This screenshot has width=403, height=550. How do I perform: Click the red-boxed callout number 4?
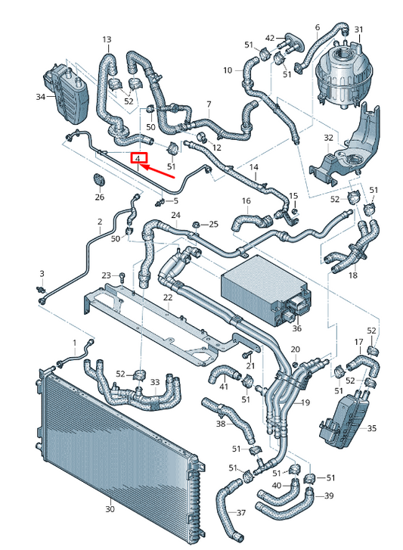point(138,158)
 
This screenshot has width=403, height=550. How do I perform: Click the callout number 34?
point(40,97)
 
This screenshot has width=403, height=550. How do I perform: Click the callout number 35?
point(370,428)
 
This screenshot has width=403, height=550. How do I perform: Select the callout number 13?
point(106,39)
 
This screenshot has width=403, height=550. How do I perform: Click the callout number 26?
point(99,197)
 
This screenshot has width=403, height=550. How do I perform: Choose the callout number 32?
point(328,138)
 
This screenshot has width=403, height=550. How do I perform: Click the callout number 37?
point(240,513)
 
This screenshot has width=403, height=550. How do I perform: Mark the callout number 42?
point(270,38)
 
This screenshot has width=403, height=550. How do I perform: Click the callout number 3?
point(42,272)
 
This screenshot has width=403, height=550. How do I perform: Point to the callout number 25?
point(213,224)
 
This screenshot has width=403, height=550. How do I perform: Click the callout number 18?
point(352,276)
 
